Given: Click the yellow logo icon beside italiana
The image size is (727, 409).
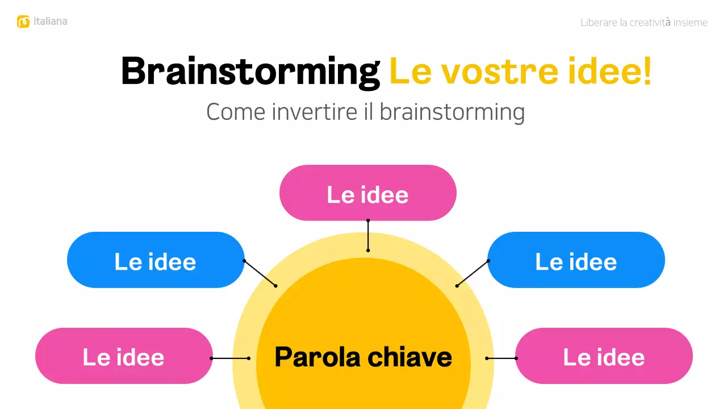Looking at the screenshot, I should tap(23, 22).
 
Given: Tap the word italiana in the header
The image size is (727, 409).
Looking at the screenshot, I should tap(50, 22).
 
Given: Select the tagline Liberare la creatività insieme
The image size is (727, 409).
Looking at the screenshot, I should tap(644, 23).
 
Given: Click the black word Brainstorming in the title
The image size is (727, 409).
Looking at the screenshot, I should tap(250, 72).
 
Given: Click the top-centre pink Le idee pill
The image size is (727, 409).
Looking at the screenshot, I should tap(367, 193).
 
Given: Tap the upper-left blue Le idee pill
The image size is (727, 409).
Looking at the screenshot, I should tap(156, 260).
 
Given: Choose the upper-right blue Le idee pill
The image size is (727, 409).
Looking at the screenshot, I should tap(576, 260).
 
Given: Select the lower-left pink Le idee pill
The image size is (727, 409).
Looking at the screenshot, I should tap(124, 356).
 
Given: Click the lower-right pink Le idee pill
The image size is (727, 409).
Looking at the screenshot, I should tap(604, 356).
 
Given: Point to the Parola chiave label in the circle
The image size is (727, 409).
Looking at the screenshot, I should tap(363, 357).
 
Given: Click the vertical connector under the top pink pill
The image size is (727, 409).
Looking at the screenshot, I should tap(368, 235).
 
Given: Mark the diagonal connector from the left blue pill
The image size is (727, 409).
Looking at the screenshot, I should tap(260, 273).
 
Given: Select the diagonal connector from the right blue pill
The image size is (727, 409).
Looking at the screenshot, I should tap(473, 273).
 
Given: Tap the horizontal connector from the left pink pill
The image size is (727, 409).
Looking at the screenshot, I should tap(230, 358).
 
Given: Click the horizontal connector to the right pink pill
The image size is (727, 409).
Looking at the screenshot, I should tap(502, 358).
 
